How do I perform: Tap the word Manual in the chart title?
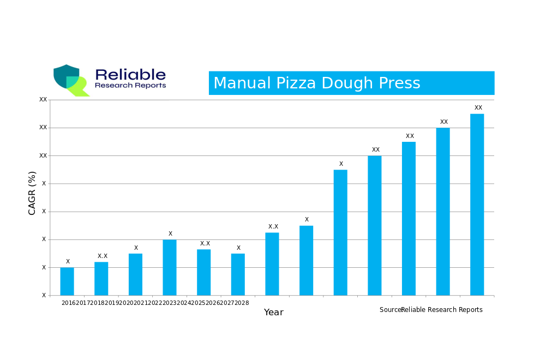tap(242, 83)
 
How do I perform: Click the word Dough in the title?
tap(347, 83)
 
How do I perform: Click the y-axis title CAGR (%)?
tap(32, 193)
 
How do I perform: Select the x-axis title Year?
tap(273, 313)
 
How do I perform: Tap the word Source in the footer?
tap(390, 310)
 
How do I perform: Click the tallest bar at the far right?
tap(477, 205)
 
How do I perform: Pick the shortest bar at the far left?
tap(67, 281)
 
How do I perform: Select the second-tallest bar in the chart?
tap(443, 212)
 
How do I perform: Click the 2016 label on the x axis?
tap(68, 303)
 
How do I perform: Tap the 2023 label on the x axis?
tap(170, 303)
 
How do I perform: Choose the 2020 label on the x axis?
tap(126, 303)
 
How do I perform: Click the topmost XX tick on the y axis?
tap(43, 100)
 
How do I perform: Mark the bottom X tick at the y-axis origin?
tap(44, 296)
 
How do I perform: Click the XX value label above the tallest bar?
tap(478, 108)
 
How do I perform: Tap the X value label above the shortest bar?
tap(68, 262)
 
